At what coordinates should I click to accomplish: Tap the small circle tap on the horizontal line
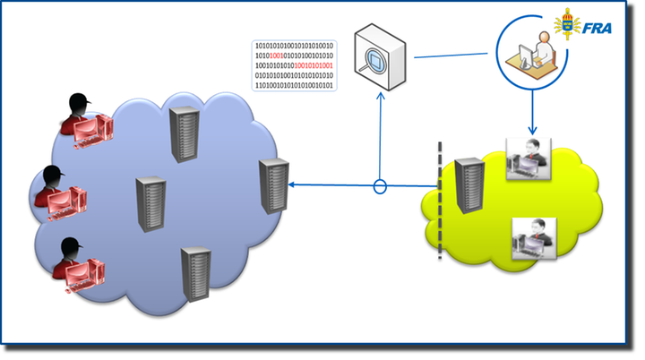[379, 187]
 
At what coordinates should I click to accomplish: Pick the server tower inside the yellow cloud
[467, 187]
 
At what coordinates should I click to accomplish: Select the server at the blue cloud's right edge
[274, 185]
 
